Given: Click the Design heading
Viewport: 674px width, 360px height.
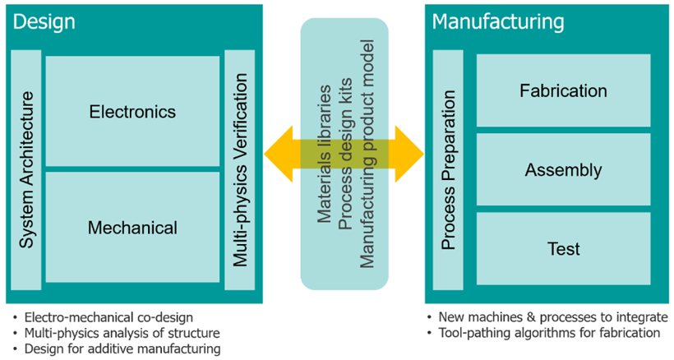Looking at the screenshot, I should [x=44, y=21].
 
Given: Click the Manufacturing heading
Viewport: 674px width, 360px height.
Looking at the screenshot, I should [x=498, y=21].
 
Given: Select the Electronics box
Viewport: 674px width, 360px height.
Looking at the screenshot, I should [x=132, y=111].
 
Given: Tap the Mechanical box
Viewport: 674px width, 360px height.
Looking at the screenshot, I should [x=132, y=227].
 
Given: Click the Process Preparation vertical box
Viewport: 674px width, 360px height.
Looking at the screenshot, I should [x=449, y=170].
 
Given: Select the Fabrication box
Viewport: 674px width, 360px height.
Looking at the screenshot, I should [x=563, y=90].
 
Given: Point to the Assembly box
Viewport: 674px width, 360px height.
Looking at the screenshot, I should [x=563, y=171].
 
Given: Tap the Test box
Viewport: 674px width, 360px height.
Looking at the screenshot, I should [x=563, y=248].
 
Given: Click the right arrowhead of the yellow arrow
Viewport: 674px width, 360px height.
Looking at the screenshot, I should [x=408, y=155].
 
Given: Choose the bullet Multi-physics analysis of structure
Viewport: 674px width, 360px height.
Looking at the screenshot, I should [x=122, y=333].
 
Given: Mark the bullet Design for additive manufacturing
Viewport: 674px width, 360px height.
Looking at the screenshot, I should [x=122, y=348].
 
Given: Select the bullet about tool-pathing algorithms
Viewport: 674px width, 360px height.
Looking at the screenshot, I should [x=549, y=333].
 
